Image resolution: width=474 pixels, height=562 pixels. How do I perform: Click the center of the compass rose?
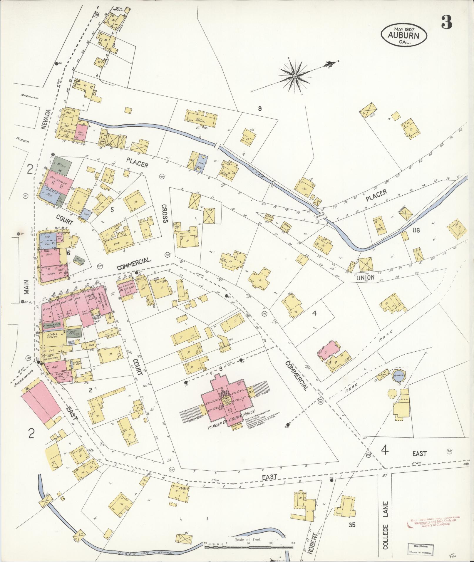pyautogui.click(x=294, y=76)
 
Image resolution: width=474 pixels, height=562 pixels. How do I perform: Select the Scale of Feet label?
pyautogui.click(x=247, y=540)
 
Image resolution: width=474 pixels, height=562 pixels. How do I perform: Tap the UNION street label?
pyautogui.click(x=366, y=277)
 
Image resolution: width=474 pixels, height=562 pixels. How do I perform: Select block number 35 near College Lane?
pyautogui.click(x=352, y=524)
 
